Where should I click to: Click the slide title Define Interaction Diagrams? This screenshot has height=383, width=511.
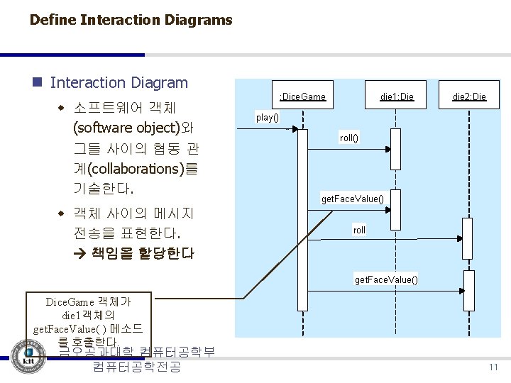pyautogui.click(x=131, y=20)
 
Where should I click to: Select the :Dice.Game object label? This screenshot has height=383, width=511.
pyautogui.click(x=302, y=96)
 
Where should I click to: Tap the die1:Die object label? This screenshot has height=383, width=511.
pyautogui.click(x=397, y=96)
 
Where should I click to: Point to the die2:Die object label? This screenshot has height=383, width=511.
pyautogui.click(x=469, y=96)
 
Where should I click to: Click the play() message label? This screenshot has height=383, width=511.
pyautogui.click(x=268, y=117)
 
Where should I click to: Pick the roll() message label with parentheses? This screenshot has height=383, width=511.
pyautogui.click(x=349, y=138)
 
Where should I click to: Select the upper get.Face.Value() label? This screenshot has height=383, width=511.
pyautogui.click(x=353, y=199)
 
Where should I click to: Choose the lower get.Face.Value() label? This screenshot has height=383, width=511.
pyautogui.click(x=386, y=279)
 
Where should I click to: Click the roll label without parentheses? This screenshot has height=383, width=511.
pyautogui.click(x=360, y=230)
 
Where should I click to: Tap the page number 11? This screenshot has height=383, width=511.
pyautogui.click(x=493, y=367)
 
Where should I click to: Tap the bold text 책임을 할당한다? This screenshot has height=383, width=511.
pyautogui.click(x=142, y=253)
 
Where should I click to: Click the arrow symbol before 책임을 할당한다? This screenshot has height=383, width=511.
pyautogui.click(x=79, y=253)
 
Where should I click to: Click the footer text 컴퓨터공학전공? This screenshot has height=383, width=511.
pyautogui.click(x=136, y=367)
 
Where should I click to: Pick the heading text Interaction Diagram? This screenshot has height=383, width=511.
pyautogui.click(x=119, y=83)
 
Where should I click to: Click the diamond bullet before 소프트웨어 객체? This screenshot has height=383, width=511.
pyautogui.click(x=62, y=109)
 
